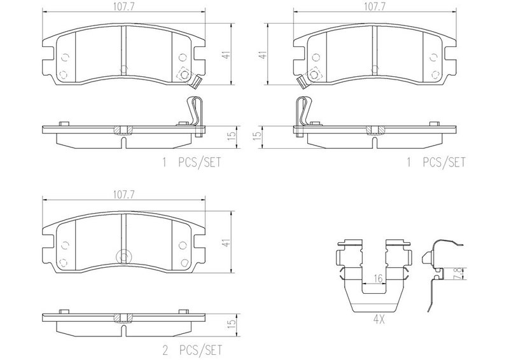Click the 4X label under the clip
[x=379, y=320]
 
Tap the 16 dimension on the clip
[x=378, y=278]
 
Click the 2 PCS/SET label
[x=192, y=350]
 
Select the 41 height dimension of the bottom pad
[x=226, y=242]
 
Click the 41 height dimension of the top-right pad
[x=264, y=55]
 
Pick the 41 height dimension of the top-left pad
[x=226, y=55]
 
